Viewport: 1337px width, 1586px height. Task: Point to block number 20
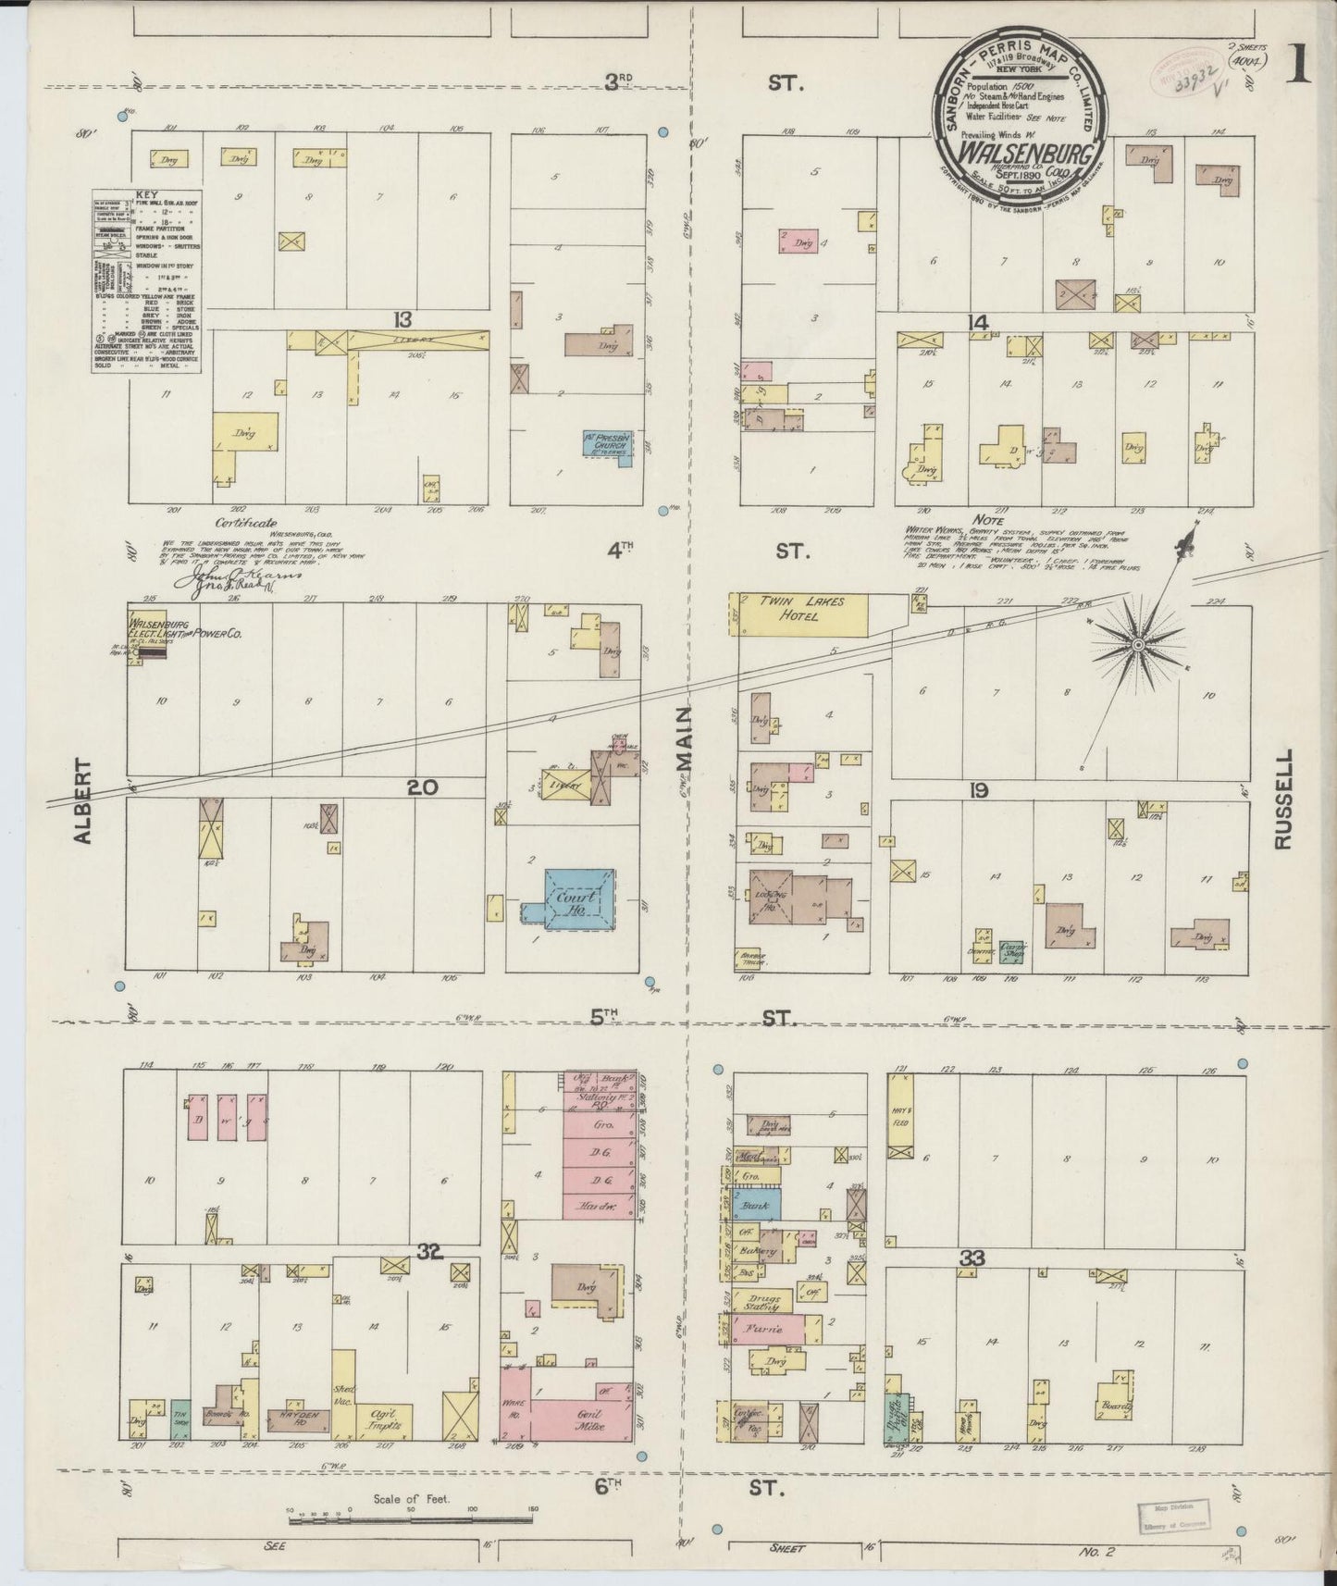click(x=422, y=787)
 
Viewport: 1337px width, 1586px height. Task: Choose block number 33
click(x=972, y=1258)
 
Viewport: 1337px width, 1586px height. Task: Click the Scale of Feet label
click(x=411, y=1499)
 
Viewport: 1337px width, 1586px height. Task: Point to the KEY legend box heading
click(x=147, y=195)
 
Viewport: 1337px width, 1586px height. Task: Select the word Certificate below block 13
click(x=246, y=523)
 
